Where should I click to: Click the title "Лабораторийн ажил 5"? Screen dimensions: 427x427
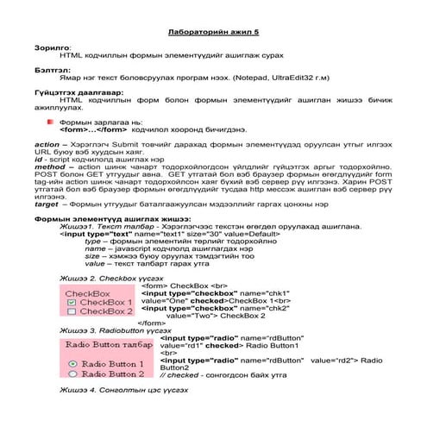point(212,32)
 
